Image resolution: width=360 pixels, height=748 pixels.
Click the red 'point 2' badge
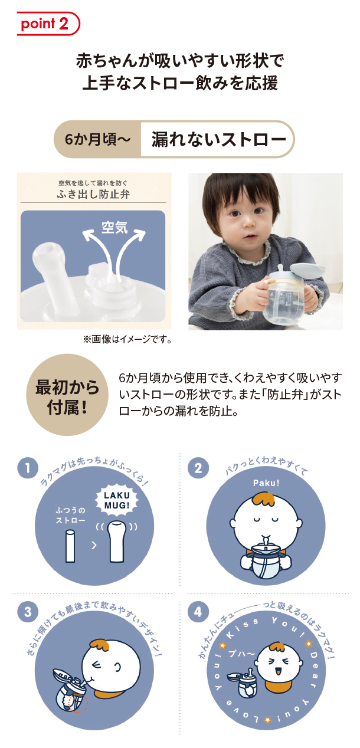[x=48, y=24]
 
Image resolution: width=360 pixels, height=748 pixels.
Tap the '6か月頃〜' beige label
[x=97, y=139]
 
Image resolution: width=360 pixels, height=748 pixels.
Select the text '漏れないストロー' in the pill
[x=219, y=139]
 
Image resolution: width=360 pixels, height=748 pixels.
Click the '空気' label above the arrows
[x=114, y=228]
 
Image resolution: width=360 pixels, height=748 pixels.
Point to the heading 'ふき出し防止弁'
[x=93, y=194]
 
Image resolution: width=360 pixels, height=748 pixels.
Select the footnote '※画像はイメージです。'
[x=127, y=340]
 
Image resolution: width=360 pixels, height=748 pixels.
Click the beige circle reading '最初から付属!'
[x=67, y=395]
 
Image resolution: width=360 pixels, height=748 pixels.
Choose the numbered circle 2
[x=198, y=468]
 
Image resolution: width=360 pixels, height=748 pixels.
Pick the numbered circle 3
[x=28, y=612]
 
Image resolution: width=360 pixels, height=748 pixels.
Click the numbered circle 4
[x=198, y=612]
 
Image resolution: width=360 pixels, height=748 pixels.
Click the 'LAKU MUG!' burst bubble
[x=116, y=500]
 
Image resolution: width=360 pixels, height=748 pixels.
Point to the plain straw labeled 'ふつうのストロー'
[x=70, y=547]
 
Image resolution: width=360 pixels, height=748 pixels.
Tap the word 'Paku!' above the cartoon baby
[x=266, y=483]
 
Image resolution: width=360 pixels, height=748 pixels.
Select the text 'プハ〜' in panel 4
[x=241, y=653]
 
